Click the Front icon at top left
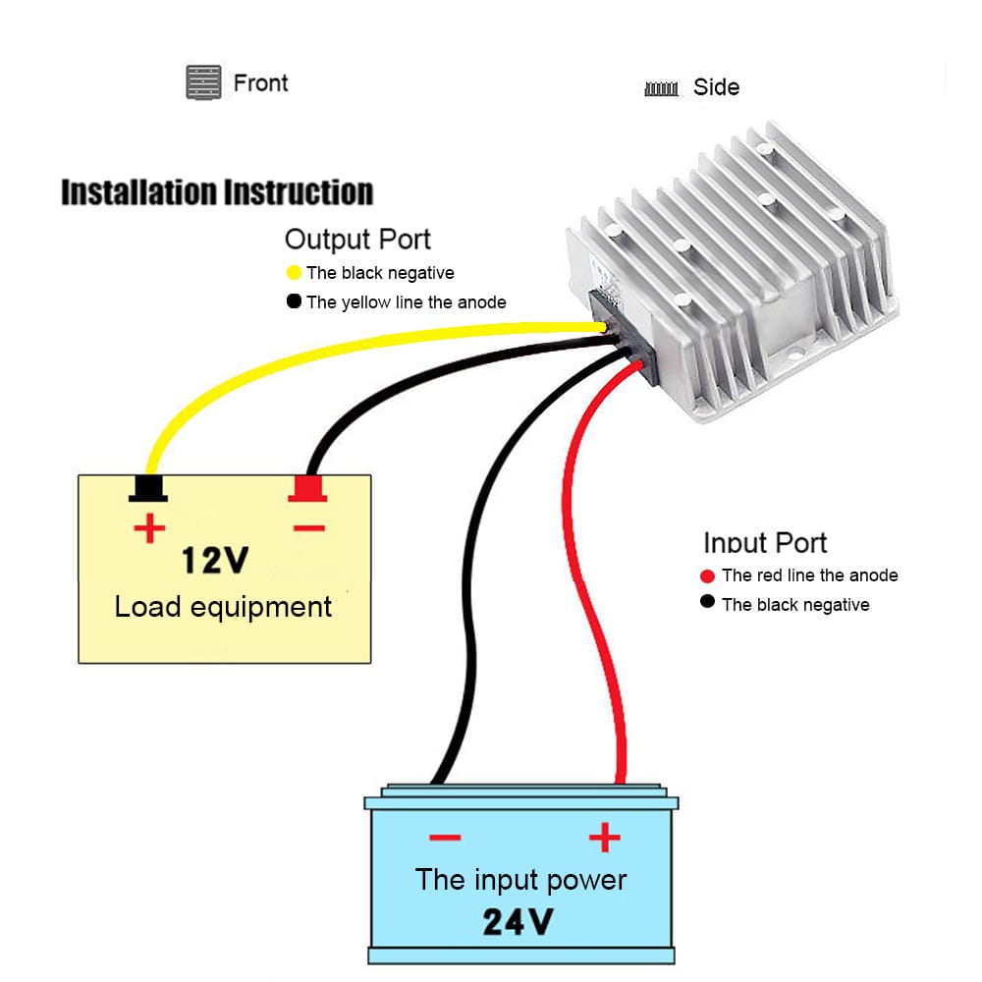[202, 82]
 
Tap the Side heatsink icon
[662, 88]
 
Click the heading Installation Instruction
[217, 191]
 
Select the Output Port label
[357, 239]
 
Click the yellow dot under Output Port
[294, 272]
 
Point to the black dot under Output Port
[294, 301]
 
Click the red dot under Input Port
[708, 575]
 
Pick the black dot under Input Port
[708, 602]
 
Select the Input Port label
[765, 542]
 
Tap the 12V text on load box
[215, 560]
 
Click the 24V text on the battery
[518, 921]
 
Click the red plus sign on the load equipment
[149, 530]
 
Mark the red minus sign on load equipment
[308, 528]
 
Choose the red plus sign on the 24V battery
[605, 838]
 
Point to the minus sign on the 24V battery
[445, 838]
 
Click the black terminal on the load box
[148, 488]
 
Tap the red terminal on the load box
[307, 488]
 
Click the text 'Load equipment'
[223, 606]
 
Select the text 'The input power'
[520, 879]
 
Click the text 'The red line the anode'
[809, 575]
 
